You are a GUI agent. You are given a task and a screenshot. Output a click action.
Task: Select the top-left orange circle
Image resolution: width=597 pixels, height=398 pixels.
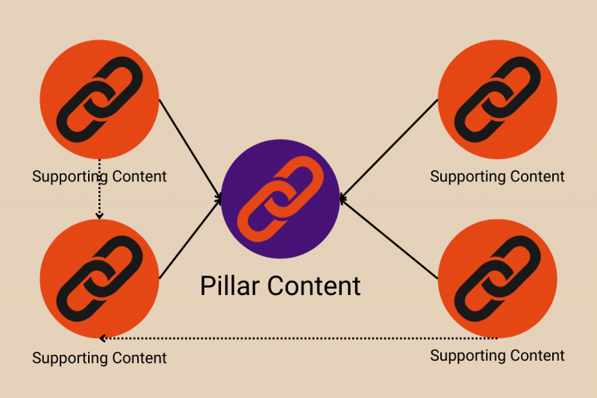pyautogui.click(x=99, y=99)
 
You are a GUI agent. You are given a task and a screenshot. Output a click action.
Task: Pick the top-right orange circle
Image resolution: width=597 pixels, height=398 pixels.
pyautogui.click(x=498, y=99)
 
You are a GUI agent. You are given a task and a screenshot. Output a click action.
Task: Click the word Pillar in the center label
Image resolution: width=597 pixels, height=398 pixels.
pyautogui.click(x=230, y=285)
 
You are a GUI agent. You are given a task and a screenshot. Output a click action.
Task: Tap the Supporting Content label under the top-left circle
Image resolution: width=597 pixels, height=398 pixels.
pyautogui.click(x=99, y=177)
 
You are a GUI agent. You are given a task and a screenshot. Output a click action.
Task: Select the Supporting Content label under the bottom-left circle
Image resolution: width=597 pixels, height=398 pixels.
pyautogui.click(x=99, y=358)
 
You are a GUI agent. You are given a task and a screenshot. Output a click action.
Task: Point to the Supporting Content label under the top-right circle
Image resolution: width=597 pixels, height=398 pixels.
pyautogui.click(x=498, y=177)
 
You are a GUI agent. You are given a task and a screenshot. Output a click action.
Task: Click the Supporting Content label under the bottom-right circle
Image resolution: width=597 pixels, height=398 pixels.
pyautogui.click(x=498, y=355)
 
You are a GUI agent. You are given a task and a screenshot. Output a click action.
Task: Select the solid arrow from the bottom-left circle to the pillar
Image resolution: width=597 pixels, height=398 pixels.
pyautogui.click(x=190, y=239)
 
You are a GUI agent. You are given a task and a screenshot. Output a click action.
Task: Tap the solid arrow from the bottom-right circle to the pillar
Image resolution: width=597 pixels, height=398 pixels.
pyautogui.click(x=388, y=239)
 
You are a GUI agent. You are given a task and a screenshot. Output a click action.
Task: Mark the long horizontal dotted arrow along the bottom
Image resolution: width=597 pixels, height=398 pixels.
pyautogui.click(x=298, y=338)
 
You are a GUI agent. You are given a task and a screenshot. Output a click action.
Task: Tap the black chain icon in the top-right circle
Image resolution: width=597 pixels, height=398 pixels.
pyautogui.click(x=498, y=99)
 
